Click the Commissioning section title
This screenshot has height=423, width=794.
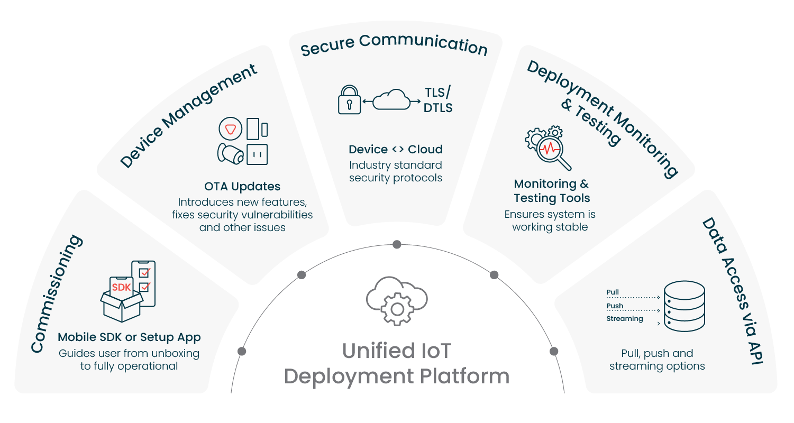(x=57, y=294)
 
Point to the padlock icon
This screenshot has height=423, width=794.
(x=349, y=99)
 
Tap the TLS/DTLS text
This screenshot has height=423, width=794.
(x=439, y=100)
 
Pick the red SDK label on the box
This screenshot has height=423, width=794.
(x=121, y=288)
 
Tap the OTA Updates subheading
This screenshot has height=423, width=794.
(x=242, y=186)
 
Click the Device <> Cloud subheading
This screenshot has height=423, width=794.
(x=396, y=149)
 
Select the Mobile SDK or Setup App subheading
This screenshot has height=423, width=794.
(x=129, y=337)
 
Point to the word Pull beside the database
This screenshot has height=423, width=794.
(x=613, y=292)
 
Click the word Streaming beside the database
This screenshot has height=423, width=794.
(x=624, y=319)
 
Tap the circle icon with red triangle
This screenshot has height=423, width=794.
(x=230, y=129)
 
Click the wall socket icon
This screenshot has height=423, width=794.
(x=258, y=154)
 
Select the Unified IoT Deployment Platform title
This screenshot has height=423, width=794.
(x=396, y=364)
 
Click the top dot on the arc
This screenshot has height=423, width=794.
(x=397, y=244)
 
